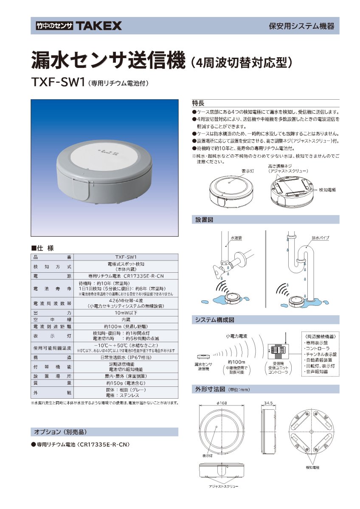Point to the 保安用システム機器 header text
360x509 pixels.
tap(301, 26)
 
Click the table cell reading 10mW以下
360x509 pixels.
tap(126, 313)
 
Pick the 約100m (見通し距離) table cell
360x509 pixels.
tap(126, 327)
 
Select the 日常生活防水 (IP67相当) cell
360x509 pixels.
tap(126, 358)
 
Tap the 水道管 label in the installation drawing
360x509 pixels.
tap(236, 238)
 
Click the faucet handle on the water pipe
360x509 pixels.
tap(216, 269)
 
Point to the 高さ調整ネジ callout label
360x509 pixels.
tap(280, 166)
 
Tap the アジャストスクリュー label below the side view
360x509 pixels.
tap(223, 486)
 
